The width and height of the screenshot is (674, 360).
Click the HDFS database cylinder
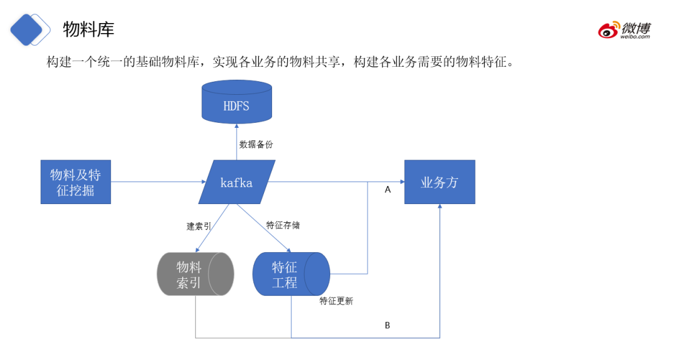(x=236, y=103)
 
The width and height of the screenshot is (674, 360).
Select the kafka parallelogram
(x=237, y=182)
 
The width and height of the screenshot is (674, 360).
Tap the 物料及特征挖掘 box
(x=76, y=182)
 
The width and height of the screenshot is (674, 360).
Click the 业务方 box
(x=439, y=182)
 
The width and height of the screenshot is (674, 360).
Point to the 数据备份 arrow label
(x=256, y=144)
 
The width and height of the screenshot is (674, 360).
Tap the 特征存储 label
(x=283, y=225)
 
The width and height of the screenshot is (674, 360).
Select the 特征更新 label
(x=336, y=301)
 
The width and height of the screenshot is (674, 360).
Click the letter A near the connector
(x=388, y=190)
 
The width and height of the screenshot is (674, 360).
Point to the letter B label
(x=387, y=326)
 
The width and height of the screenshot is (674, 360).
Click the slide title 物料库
(x=89, y=29)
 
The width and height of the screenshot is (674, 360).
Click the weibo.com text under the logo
(x=635, y=37)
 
